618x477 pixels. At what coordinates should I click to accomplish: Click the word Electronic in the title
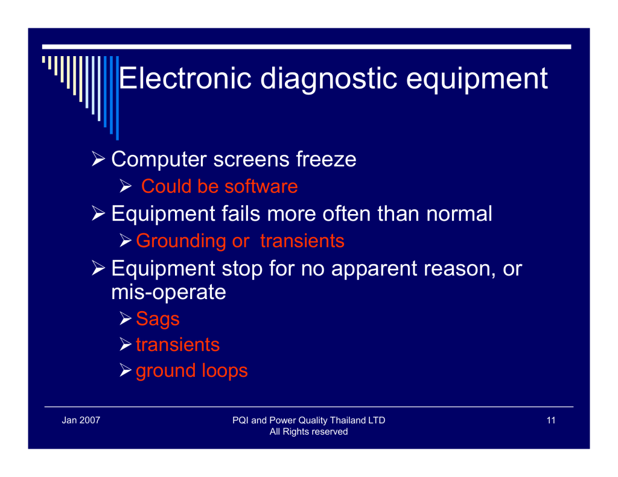pos(185,78)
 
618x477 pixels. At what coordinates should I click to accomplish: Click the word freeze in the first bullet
pos(326,159)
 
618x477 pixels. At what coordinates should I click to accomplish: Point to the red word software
pos(261,186)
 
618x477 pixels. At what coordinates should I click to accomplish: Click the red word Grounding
pos(181,241)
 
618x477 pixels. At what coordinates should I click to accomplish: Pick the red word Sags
pos(158,319)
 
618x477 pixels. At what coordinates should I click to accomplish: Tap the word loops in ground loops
pos(225,371)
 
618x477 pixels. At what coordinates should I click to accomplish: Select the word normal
pos(459,214)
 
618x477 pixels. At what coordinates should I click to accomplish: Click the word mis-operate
pos(169,292)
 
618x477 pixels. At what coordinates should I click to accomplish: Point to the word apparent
pos(374,270)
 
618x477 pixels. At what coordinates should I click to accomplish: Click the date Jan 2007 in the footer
pos(81,420)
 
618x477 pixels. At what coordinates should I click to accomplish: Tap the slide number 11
pos(551,420)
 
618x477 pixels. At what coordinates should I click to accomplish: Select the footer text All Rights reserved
pos(308,432)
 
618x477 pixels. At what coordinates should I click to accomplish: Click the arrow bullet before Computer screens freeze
pos(98,159)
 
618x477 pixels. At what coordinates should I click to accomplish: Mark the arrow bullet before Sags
pos(126,318)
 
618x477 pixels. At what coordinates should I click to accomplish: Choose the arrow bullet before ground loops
pos(126,370)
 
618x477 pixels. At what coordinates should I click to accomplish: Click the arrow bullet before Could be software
pos(126,186)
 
